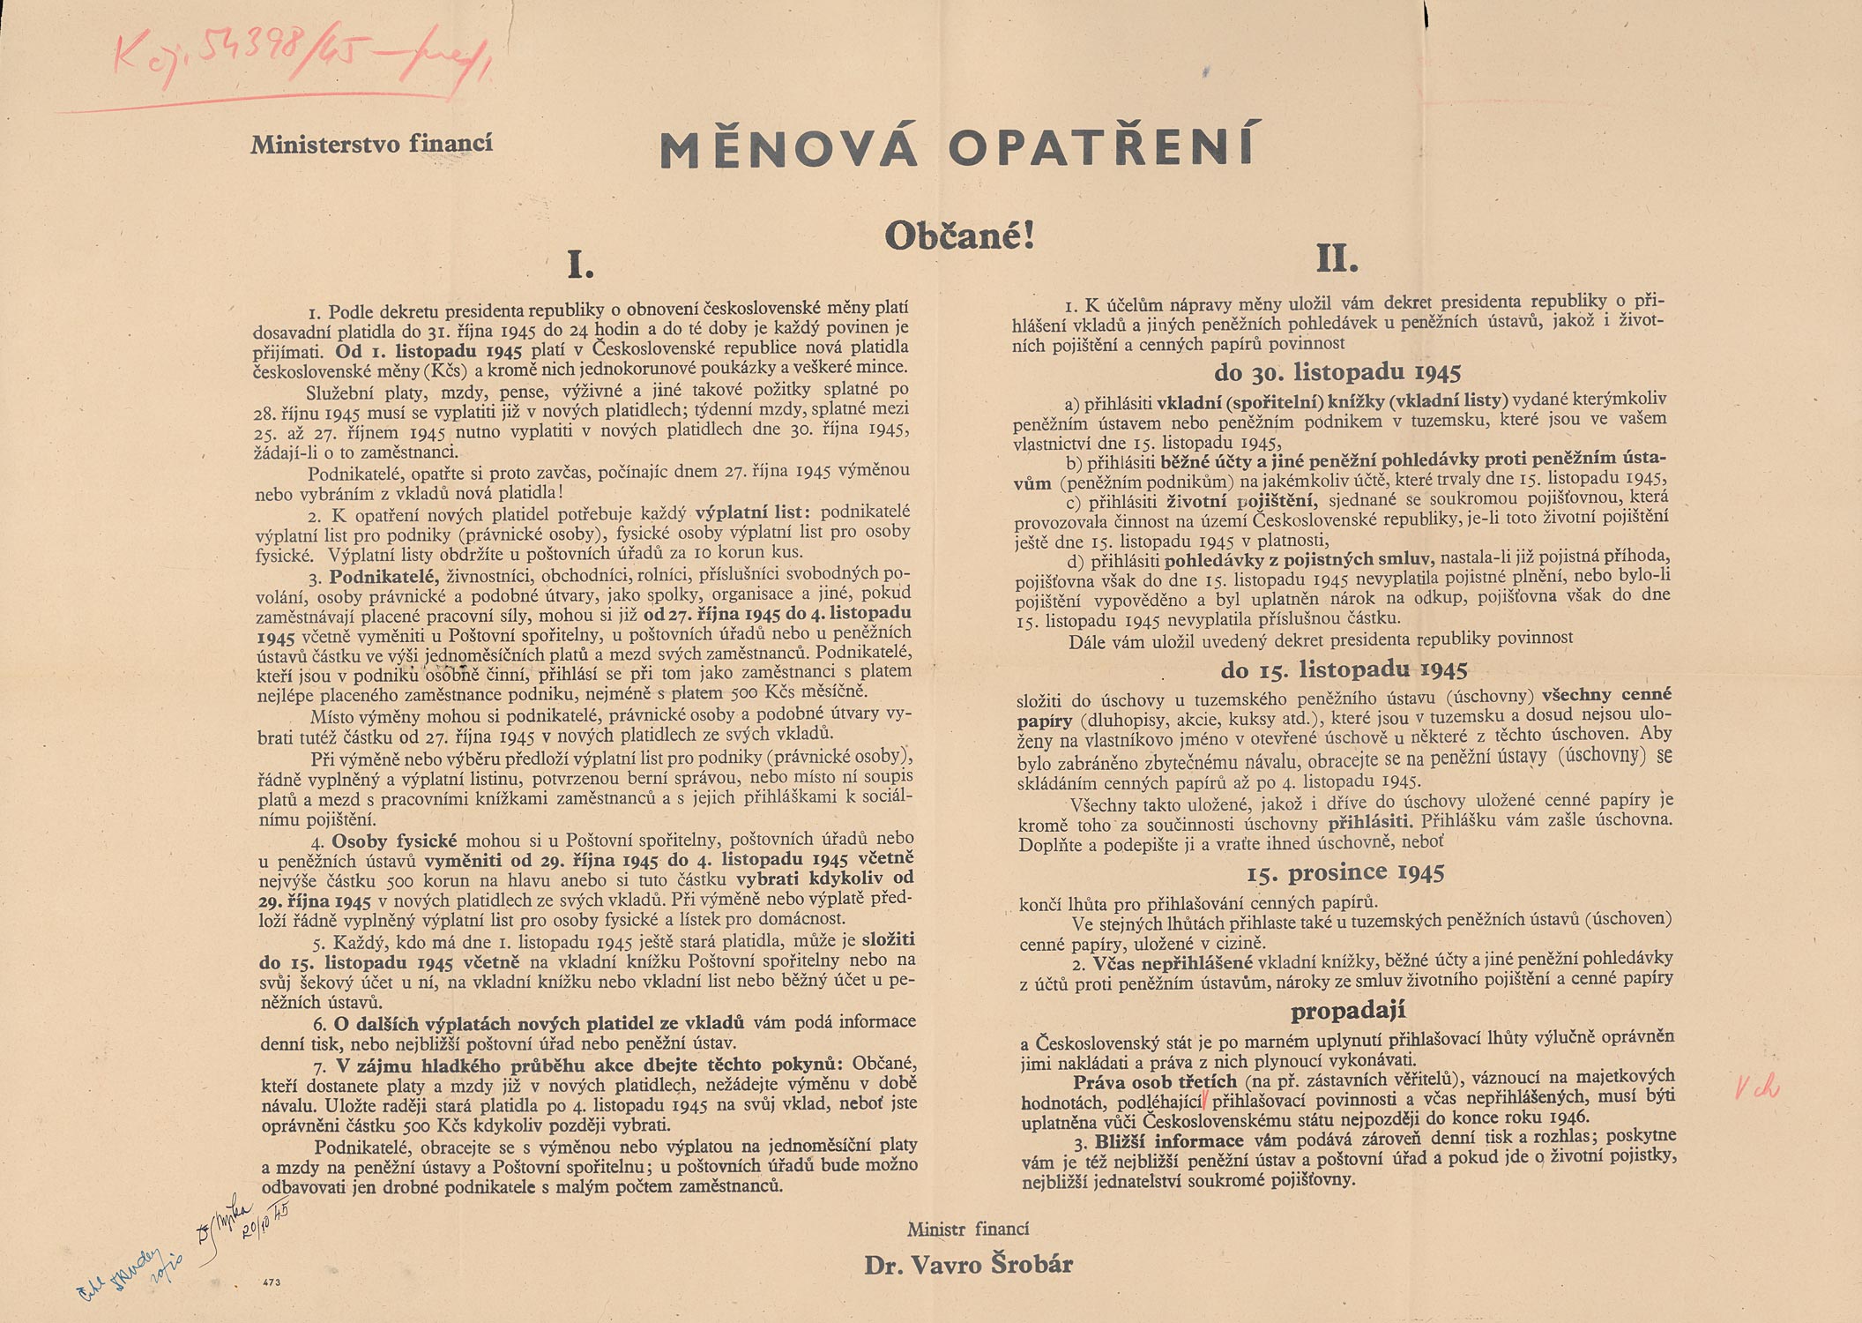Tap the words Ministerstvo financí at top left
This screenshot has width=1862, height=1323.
click(371, 144)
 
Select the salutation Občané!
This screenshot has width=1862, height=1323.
click(958, 235)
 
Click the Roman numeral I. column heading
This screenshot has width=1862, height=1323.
click(579, 264)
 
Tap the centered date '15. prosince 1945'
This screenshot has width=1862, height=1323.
click(1345, 873)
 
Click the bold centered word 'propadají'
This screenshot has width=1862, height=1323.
click(1348, 1011)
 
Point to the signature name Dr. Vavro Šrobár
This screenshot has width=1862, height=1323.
click(968, 1265)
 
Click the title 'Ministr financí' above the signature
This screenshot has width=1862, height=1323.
click(968, 1229)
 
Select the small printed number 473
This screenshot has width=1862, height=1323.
click(272, 1282)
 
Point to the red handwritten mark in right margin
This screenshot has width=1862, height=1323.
click(1758, 1088)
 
